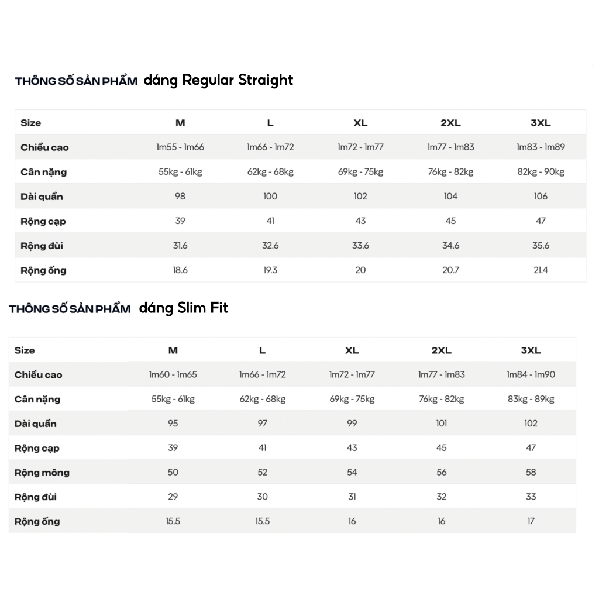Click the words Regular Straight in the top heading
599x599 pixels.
237,80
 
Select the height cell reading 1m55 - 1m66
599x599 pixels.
180,147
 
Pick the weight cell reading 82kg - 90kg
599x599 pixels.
541,172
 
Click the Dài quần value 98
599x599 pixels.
180,197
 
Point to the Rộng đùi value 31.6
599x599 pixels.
180,246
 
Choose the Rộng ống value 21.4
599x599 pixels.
541,270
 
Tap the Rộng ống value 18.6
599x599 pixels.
180,270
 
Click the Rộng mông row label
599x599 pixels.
42,473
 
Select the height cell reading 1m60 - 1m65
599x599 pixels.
173,374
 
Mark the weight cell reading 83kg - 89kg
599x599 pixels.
531,399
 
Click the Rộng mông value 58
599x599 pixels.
531,472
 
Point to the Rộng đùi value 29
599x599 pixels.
173,497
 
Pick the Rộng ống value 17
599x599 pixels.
531,521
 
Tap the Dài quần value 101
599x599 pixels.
441,424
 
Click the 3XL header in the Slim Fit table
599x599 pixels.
531,350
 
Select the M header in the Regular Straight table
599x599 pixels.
180,123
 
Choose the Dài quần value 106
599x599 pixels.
541,197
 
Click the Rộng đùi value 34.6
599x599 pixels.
450,246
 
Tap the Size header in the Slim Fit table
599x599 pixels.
25,350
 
